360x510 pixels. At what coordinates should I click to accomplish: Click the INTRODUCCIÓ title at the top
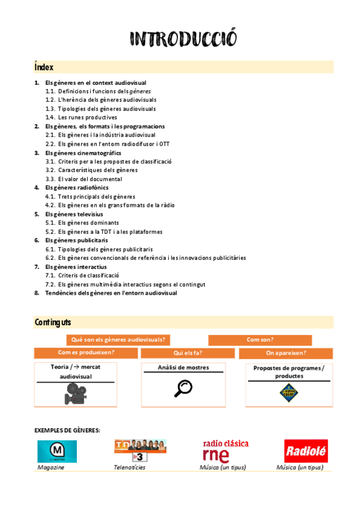click(183, 39)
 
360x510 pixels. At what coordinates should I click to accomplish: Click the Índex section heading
click(44, 67)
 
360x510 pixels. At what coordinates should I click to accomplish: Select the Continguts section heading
click(53, 323)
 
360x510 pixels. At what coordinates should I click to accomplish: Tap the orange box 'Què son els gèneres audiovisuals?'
click(118, 340)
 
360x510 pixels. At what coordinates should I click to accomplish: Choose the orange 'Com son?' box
click(260, 340)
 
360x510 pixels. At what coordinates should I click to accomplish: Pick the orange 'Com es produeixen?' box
click(86, 353)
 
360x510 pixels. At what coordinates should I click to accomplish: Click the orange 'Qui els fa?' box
click(188, 353)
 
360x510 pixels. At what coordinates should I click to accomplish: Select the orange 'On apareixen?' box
click(285, 353)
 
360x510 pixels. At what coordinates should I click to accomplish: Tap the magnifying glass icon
click(183, 389)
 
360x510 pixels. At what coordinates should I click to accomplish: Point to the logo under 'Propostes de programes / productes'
click(288, 393)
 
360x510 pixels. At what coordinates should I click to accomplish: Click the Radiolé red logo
click(306, 451)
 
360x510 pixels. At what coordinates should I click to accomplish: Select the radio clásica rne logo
click(225, 451)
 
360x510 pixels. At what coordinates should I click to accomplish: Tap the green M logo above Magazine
click(57, 451)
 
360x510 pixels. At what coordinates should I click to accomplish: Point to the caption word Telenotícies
click(129, 467)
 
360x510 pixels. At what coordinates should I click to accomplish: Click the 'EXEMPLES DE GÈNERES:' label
click(67, 430)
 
